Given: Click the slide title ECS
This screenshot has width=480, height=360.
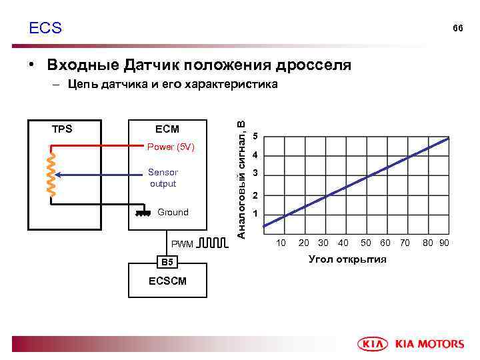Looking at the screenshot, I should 45,28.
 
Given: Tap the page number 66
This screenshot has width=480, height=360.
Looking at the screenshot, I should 457,29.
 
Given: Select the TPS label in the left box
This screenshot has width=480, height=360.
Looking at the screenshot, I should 62,129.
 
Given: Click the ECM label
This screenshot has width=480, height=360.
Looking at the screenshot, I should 167,129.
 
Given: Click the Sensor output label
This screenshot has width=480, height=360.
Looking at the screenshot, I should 163,178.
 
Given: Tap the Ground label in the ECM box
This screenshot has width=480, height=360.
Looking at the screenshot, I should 173,212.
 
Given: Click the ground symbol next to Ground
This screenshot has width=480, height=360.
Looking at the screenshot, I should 141,213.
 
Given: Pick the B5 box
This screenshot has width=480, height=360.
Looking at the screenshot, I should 167,262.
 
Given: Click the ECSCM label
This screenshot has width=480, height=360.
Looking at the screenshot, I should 167,281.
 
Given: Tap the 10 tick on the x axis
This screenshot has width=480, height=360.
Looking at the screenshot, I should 281,243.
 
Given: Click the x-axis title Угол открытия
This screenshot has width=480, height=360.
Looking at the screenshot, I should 347,259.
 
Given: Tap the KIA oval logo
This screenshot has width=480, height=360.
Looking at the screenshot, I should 375,344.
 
